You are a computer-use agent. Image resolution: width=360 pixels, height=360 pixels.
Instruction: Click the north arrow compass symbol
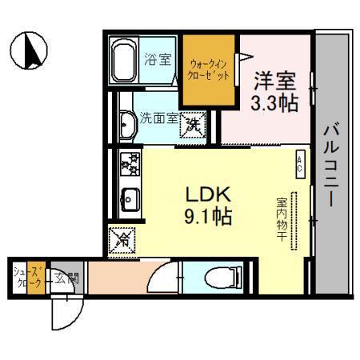33,50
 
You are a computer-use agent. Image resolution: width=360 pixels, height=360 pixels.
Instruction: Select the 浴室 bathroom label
157,58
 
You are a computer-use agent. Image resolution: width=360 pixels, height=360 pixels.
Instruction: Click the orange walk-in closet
210,70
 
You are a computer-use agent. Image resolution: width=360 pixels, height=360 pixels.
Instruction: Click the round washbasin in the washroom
127,125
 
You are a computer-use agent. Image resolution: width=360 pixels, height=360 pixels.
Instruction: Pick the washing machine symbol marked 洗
193,126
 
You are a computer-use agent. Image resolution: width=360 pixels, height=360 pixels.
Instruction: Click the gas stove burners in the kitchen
129,166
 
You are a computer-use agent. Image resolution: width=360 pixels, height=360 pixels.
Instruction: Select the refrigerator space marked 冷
123,238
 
